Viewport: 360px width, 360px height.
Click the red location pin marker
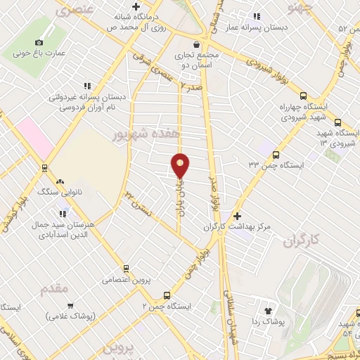coord(181,166)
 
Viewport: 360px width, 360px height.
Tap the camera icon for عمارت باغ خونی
coord(39,42)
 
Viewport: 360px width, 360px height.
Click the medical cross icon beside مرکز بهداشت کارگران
coord(238,216)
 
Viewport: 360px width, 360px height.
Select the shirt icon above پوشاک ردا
coord(268,310)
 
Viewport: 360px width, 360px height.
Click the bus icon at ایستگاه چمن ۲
coord(167,295)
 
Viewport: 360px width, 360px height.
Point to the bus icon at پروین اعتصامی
coord(126,269)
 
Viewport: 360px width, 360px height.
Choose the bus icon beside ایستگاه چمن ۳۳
coord(276,155)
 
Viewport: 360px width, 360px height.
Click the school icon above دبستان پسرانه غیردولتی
coord(86,86)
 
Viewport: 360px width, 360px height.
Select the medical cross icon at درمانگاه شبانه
coord(125,6)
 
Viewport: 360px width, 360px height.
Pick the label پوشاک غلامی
coord(71,316)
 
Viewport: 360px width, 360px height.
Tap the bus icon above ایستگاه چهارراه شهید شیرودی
coord(303,96)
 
